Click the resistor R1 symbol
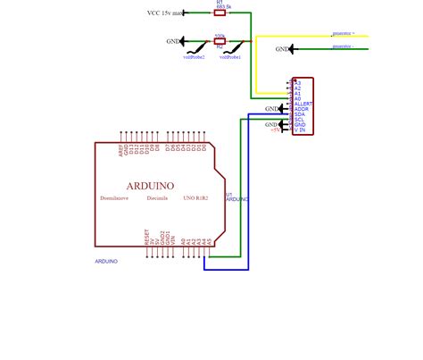[x=220, y=13]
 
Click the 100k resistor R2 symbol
[x=220, y=41]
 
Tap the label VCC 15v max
[x=167, y=13]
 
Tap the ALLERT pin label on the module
[x=303, y=103]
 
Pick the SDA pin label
[x=300, y=113]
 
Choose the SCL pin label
[x=300, y=119]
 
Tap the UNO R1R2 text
[x=195, y=198]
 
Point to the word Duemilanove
[x=116, y=198]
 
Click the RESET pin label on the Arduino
[x=146, y=237]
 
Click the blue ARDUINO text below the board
[x=106, y=261]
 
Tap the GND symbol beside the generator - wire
[x=282, y=49]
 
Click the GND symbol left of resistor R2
[x=172, y=41]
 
